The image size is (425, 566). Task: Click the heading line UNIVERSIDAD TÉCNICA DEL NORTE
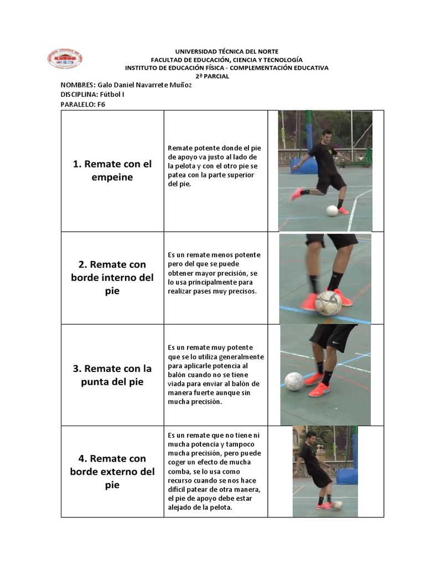click(x=227, y=51)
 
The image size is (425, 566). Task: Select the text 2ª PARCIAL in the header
click(x=213, y=76)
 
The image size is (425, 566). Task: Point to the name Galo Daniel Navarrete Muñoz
click(x=144, y=85)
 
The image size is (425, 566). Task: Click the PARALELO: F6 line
click(x=82, y=104)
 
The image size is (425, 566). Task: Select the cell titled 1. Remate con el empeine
click(x=112, y=171)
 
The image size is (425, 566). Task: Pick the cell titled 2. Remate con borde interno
click(x=112, y=277)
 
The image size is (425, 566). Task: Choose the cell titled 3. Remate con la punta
click(x=112, y=375)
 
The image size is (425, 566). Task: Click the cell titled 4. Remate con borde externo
click(x=112, y=471)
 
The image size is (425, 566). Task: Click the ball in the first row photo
click(x=332, y=211)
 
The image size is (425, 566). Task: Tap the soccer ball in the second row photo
click(x=328, y=303)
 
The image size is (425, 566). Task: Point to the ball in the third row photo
click(x=294, y=381)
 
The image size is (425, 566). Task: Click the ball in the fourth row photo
click(x=337, y=505)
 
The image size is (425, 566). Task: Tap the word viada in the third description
click(x=178, y=384)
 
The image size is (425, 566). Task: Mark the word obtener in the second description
click(x=180, y=273)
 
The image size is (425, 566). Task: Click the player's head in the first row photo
click(x=326, y=135)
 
